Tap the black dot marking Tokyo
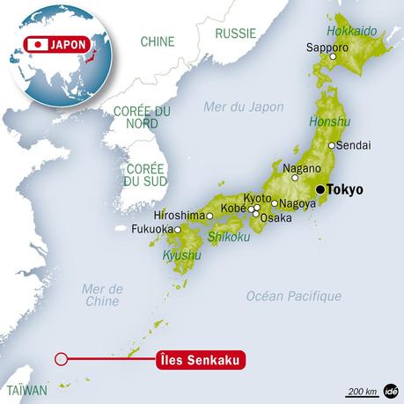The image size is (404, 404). pyautogui.click(x=320, y=188)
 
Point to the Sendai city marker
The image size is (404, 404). pyautogui.click(x=331, y=145)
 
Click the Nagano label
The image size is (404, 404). pyautogui.click(x=295, y=165)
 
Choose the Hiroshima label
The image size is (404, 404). pyautogui.click(x=179, y=215)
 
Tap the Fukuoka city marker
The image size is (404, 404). pyautogui.click(x=177, y=230)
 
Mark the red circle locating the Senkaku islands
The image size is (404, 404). pyautogui.click(x=61, y=358)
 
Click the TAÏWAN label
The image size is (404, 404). pyautogui.click(x=23, y=387)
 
